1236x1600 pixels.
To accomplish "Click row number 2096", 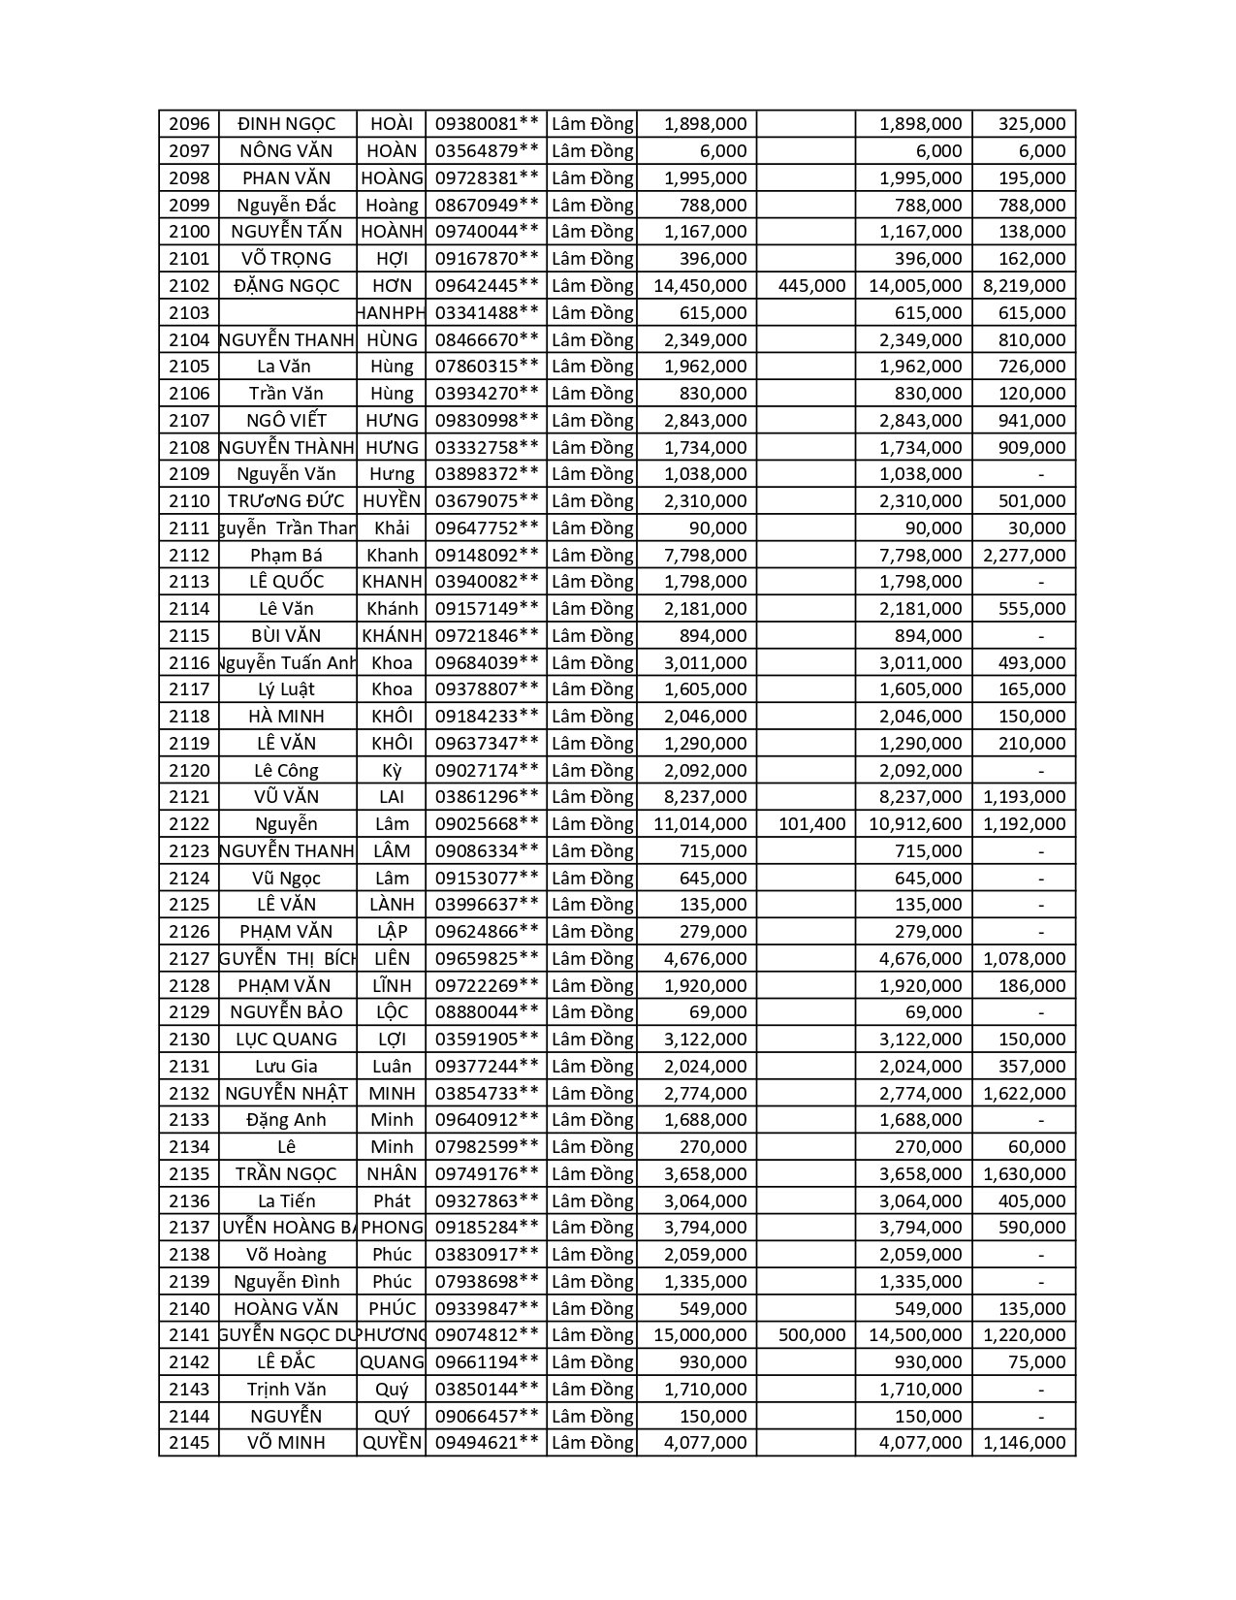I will pos(189,124).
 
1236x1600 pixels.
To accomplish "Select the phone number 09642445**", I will pos(486,286).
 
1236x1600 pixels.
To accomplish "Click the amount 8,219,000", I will pos(1024,286).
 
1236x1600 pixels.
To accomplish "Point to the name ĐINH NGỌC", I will pos(286,124).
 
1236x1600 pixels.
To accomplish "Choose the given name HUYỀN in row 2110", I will pos(392,501).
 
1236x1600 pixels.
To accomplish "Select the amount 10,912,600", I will pos(915,824).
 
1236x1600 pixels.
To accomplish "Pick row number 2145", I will pos(189,1443).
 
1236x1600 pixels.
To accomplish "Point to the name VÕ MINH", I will pos(286,1443).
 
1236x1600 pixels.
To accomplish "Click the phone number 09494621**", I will pos(486,1443).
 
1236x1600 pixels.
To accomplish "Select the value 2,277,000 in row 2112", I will pos(1024,556).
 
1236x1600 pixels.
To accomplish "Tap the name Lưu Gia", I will pos(286,1067).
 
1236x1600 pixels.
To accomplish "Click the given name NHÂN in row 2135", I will pos(392,1174).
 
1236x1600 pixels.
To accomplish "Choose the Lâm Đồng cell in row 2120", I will pos(592,771).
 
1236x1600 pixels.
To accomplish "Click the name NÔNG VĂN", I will pos(286,151).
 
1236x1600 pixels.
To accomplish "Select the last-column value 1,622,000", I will pos(1024,1094).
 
